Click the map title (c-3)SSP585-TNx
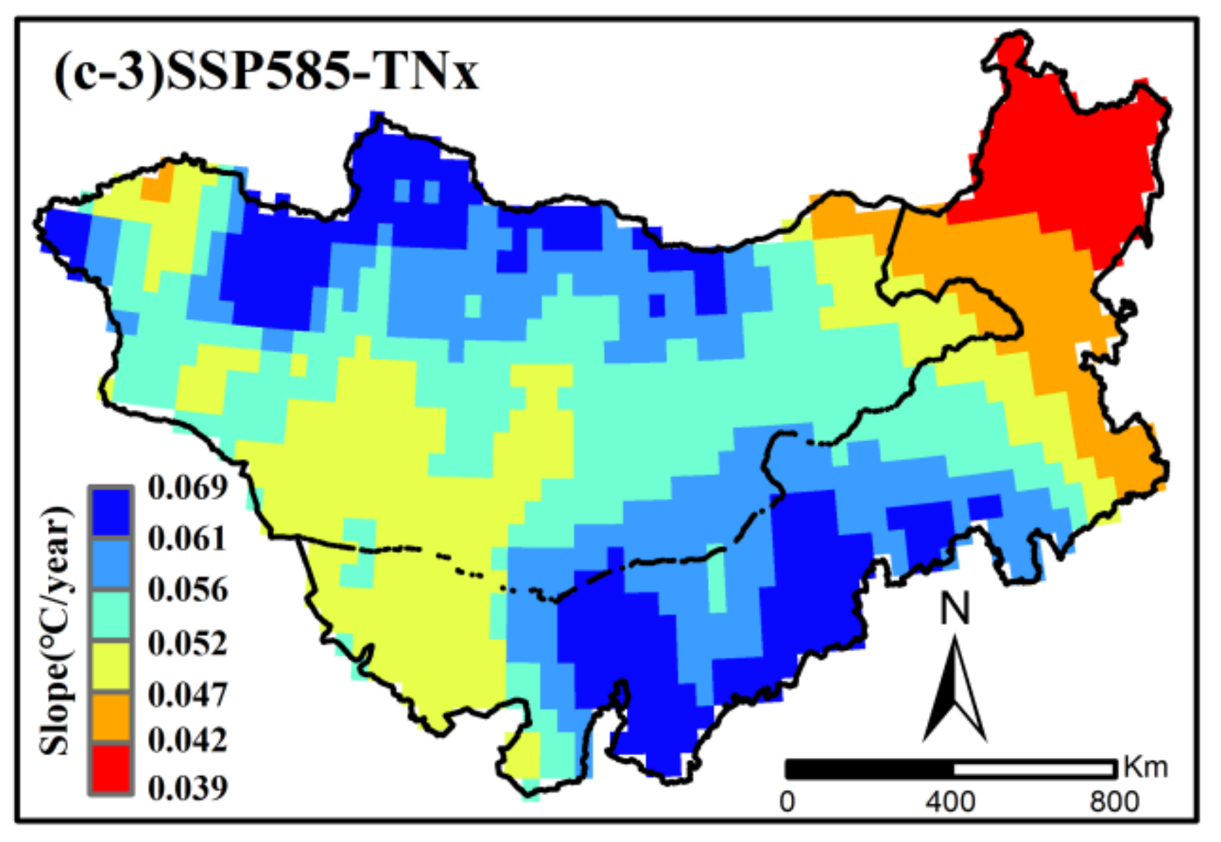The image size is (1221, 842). click(266, 73)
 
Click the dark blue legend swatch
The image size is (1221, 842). click(110, 512)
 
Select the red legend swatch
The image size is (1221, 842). click(110, 768)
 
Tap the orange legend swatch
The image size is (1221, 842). click(110, 717)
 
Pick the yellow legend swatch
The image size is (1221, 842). click(110, 666)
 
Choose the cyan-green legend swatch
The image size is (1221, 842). click(110, 615)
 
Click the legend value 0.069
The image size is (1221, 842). click(187, 488)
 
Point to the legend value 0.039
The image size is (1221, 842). click(187, 788)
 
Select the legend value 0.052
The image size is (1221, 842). click(187, 643)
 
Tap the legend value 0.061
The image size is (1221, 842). click(187, 539)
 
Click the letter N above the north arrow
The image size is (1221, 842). click(955, 610)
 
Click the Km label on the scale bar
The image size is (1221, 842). click(1145, 767)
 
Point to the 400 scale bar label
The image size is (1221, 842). click(950, 802)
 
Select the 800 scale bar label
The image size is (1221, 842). click(1114, 802)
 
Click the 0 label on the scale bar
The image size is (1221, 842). click(787, 802)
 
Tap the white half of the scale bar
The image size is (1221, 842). click(1034, 769)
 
